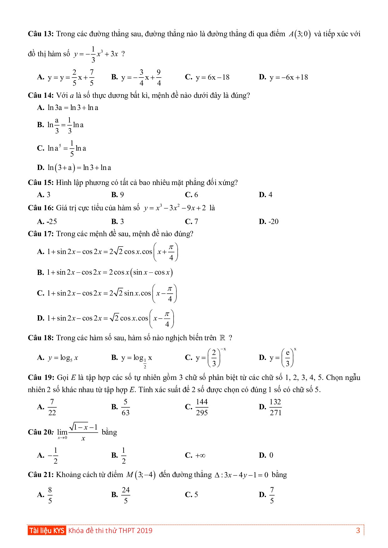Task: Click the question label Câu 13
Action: (41, 34)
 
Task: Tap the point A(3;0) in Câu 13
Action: (299, 34)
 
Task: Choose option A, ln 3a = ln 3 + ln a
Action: (73, 108)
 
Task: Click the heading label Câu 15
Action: (41, 182)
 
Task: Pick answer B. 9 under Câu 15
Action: (118, 195)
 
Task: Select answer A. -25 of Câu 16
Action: (47, 222)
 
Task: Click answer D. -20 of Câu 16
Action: (269, 222)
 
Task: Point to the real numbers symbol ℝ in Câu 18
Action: (222, 338)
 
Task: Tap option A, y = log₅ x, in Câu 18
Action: (63, 358)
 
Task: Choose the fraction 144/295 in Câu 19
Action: (202, 407)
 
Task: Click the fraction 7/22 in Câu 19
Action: (52, 407)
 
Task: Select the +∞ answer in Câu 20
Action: (200, 455)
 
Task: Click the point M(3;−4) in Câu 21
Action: (140, 475)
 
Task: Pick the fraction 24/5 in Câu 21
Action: (125, 495)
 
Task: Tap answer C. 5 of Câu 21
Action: (192, 495)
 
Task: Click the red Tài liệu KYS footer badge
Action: (47, 530)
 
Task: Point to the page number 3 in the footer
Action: (358, 530)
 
